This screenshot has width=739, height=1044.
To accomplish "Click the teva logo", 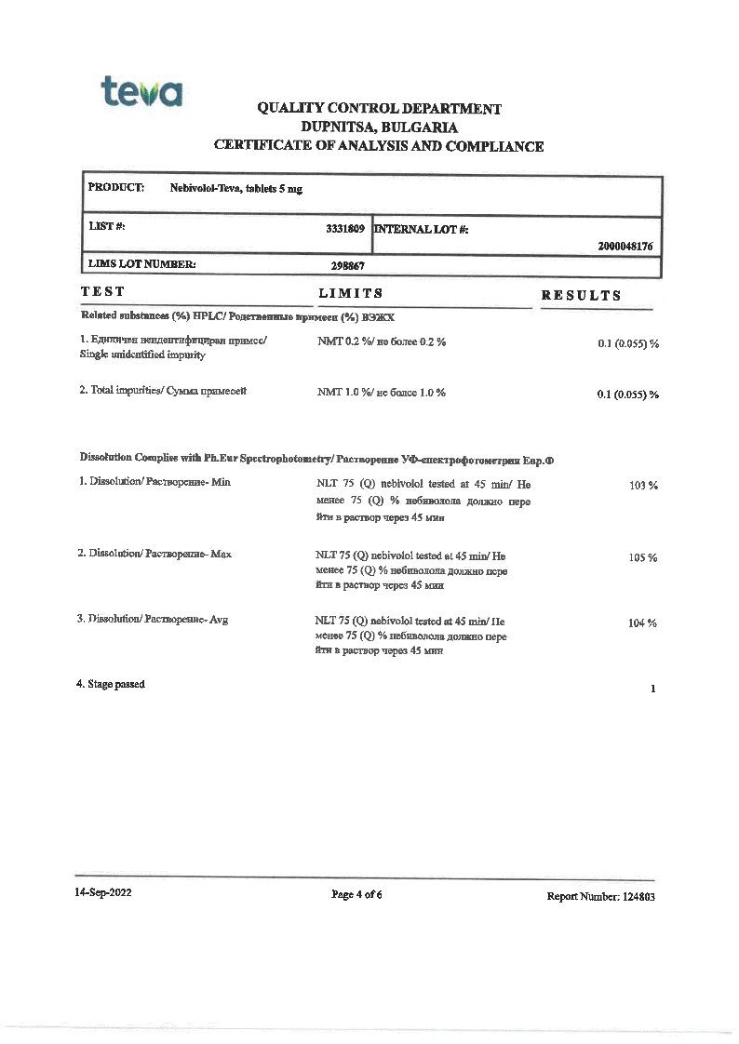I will [141, 92].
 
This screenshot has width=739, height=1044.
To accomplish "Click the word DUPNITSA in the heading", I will [339, 127].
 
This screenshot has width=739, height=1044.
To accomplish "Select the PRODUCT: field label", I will [115, 188].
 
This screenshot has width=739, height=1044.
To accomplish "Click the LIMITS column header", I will [351, 294].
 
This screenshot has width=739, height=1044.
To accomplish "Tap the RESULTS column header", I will [581, 296].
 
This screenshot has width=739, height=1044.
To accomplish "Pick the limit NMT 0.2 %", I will [337, 342].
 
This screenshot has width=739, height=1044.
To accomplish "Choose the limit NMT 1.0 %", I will [337, 393].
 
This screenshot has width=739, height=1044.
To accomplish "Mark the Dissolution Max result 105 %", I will [643, 557].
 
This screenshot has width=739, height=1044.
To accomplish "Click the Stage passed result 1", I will [654, 689].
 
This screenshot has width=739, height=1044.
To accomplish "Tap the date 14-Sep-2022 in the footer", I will [103, 893].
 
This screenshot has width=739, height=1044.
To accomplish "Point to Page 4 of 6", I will [357, 895].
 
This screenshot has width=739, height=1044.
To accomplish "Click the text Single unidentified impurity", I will [141, 355].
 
